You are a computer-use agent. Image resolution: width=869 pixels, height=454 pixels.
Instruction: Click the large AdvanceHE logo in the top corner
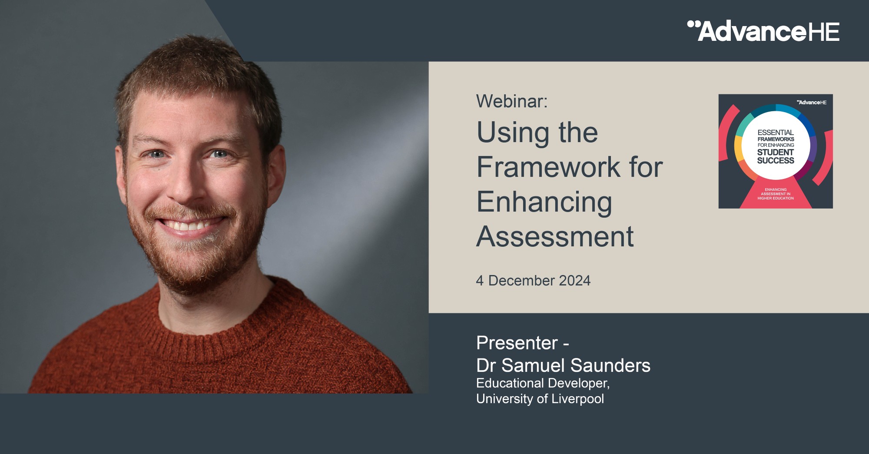point(763,31)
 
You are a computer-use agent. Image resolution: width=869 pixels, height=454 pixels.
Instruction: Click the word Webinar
point(511,101)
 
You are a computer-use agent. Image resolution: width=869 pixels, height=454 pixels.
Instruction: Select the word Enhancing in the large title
point(544,202)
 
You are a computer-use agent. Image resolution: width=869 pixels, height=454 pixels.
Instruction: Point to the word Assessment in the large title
point(555,237)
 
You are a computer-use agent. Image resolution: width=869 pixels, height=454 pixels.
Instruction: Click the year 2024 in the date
point(574,281)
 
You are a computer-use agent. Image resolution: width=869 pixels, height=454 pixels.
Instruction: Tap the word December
point(521,281)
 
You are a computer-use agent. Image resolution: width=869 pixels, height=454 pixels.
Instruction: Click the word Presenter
point(517,343)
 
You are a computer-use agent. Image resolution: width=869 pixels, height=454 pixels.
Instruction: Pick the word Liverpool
point(578,399)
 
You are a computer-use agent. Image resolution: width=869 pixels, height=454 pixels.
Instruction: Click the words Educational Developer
point(543,383)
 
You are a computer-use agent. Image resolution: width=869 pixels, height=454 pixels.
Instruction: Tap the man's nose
point(187,182)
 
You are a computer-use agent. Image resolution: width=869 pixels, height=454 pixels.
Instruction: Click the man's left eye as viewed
point(156,154)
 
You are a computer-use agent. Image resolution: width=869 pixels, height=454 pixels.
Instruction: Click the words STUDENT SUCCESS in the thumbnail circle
point(776,156)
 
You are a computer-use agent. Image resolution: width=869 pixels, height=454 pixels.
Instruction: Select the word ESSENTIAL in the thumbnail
point(776,133)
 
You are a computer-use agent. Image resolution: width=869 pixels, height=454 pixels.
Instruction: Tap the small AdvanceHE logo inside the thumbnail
point(812,103)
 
